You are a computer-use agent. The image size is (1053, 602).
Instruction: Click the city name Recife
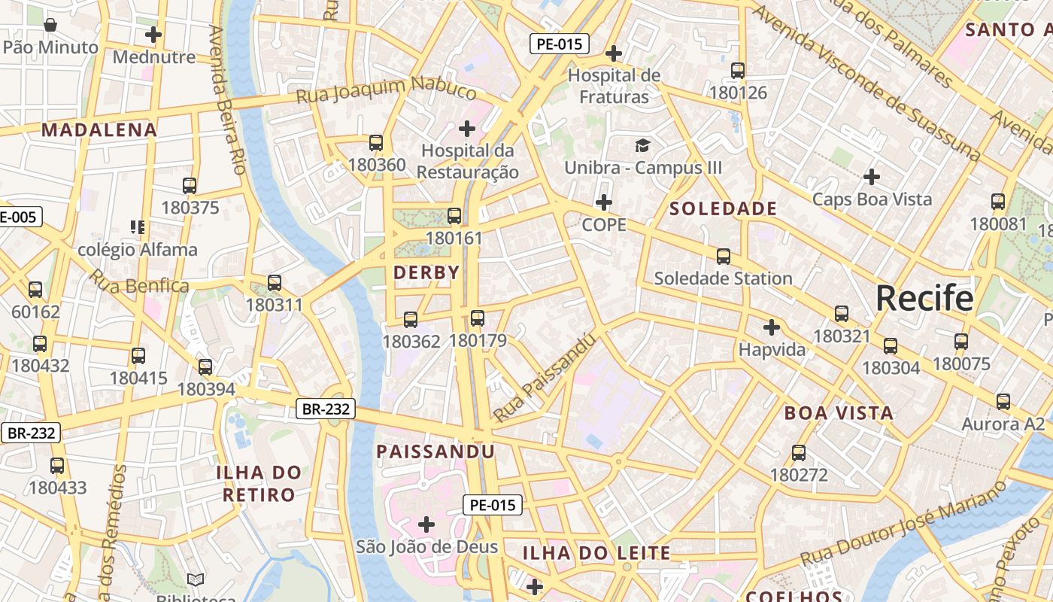924,299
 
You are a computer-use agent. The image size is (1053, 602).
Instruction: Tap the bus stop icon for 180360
376,143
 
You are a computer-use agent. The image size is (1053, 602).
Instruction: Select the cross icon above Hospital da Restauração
467,129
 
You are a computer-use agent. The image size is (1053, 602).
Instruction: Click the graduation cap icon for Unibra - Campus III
642,145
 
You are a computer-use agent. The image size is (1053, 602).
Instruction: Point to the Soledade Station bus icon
724,257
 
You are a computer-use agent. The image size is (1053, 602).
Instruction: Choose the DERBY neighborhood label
426,273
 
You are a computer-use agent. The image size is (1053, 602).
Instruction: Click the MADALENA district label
99,130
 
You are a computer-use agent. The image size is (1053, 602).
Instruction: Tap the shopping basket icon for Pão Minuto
50,26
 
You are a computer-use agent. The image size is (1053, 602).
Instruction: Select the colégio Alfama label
138,250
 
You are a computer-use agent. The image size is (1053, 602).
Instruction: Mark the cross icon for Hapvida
772,327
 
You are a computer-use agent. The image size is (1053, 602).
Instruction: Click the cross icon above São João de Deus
426,524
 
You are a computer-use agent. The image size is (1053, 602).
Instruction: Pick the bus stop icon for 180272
799,453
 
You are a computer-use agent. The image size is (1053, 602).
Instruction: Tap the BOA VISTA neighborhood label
839,413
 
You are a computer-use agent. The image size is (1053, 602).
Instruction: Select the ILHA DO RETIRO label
259,484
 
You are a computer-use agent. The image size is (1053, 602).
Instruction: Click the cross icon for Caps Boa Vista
872,178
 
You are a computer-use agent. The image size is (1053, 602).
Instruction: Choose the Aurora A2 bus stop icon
1003,402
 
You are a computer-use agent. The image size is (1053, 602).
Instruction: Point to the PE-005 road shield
17,217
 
